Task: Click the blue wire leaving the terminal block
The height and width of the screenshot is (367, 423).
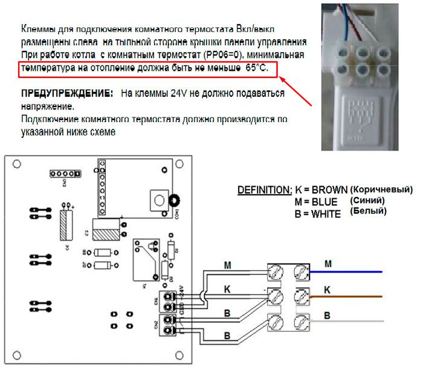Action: click(x=350, y=272)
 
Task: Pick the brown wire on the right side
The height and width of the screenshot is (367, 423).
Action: click(x=350, y=296)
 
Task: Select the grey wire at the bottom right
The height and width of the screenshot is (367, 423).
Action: click(x=350, y=321)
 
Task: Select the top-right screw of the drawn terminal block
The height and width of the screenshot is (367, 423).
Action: click(x=300, y=273)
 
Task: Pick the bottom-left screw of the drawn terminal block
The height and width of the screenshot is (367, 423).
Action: click(x=275, y=322)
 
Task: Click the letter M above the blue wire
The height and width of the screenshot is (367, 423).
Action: click(x=328, y=264)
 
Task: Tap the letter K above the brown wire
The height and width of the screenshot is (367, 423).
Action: click(x=327, y=289)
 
